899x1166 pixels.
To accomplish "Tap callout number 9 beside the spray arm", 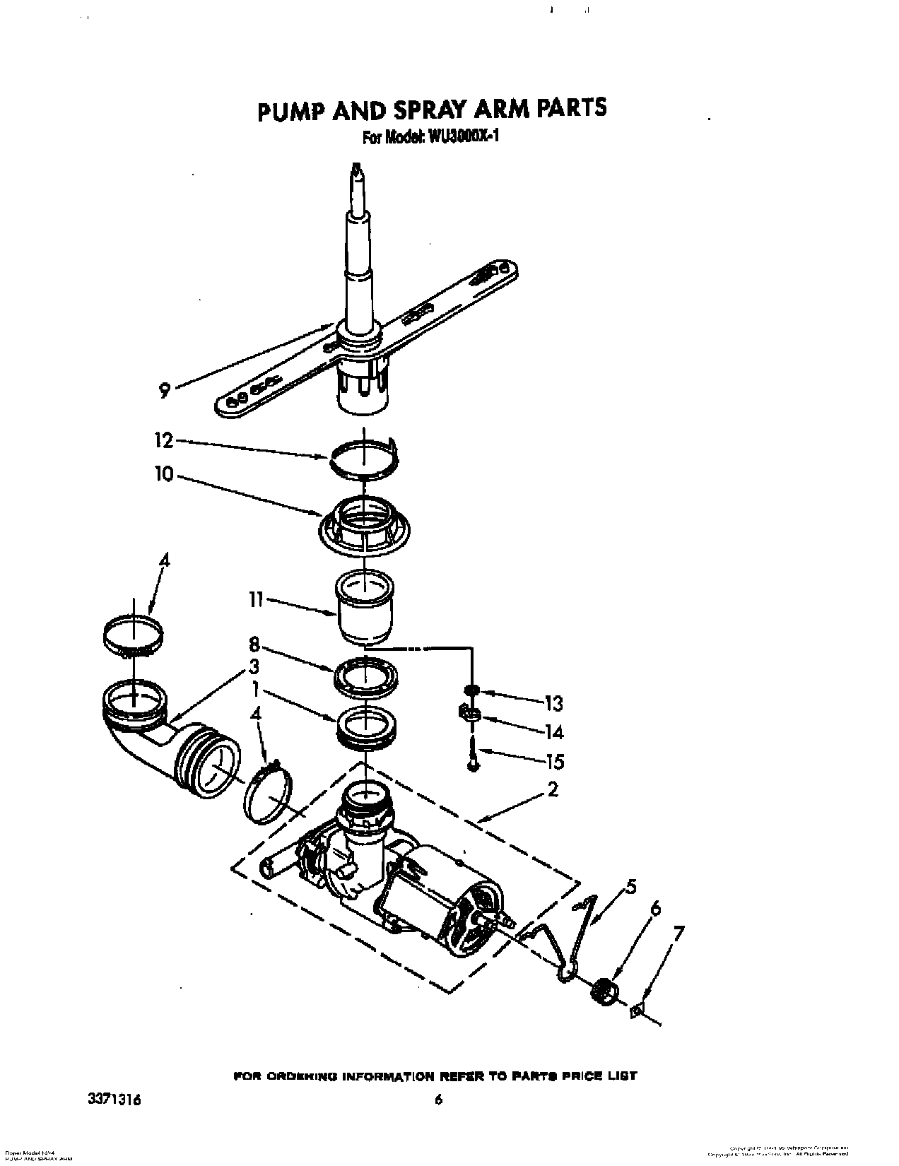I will pos(164,389).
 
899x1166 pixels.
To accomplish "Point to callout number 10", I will pos(163,474).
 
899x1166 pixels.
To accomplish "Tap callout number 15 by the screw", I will pos(554,762).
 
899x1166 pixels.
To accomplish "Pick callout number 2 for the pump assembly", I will pos(553,790).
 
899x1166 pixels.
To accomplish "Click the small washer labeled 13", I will pos(469,690).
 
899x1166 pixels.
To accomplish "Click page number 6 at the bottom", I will pos(438,1100).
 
